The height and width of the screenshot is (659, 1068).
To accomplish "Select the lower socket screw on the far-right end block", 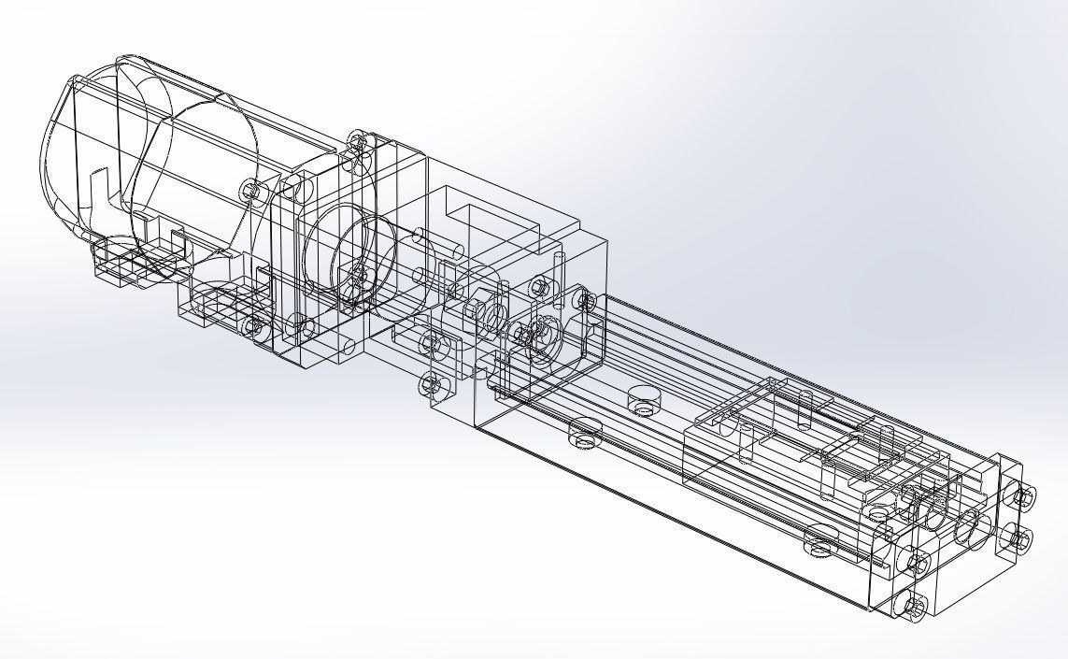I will point(1021,539).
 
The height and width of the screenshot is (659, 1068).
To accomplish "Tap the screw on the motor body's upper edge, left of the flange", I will point(249,190).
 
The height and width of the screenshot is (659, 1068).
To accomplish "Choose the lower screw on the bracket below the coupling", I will point(430,384).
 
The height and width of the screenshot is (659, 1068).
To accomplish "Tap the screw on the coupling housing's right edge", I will point(587,301).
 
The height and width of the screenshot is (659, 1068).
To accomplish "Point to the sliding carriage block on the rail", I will point(794,449).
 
